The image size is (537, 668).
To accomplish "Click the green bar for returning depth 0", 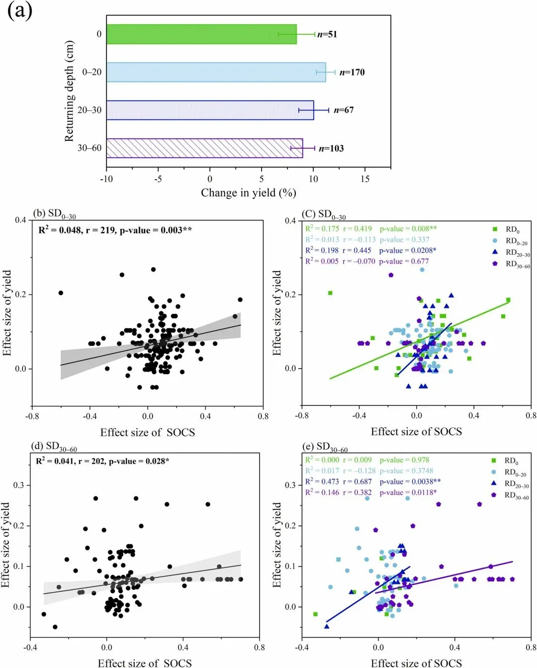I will pos(201,34).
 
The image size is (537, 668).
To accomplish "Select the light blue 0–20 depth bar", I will pos(216,72).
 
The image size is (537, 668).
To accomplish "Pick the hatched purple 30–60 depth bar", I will pos(204,148).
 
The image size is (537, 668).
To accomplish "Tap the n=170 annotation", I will pos(352,73).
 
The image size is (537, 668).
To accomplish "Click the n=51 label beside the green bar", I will pos(327,34).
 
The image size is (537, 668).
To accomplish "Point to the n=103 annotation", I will pos(331,148).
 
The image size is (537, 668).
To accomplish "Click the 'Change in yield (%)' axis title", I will pos(248,192).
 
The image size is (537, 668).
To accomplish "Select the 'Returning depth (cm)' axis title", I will pos(69,91).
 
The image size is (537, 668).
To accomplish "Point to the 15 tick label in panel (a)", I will pos(365,179).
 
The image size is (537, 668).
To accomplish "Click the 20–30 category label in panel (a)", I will pos(89,110).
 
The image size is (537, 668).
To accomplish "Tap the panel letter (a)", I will pos(20,10).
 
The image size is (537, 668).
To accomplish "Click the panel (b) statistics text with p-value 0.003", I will pos(115,230).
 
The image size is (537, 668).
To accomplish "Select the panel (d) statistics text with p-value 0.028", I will pos(102,461).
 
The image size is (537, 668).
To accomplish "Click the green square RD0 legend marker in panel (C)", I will pos(495,229).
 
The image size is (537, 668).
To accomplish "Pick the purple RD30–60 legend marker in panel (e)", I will pos(494,495).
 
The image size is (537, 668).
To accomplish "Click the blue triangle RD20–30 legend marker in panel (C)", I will pos(495,252).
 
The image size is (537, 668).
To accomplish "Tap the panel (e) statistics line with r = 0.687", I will pos(372,481).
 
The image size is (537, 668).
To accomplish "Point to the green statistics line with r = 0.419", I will pos(371,229).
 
